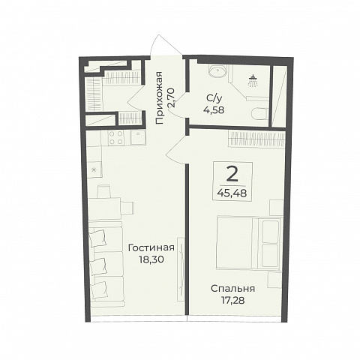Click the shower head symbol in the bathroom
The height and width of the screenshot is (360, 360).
253,81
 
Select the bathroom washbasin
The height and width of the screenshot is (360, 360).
217,70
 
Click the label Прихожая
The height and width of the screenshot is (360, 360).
159,97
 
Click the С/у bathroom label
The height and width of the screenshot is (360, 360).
214,99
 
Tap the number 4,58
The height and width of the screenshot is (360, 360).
214,109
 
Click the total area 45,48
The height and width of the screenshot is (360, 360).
232,193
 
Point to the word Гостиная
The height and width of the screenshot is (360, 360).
151,248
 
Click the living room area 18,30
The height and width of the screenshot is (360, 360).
151,259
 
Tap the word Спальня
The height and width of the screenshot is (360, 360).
232,289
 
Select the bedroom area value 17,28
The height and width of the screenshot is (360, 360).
232,300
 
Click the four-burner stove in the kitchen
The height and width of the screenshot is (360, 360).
116,137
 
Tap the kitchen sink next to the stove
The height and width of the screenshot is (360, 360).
138,137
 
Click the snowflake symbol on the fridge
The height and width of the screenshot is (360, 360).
94,170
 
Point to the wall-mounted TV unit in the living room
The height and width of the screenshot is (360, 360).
181,269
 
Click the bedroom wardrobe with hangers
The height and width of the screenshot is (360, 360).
256,138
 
